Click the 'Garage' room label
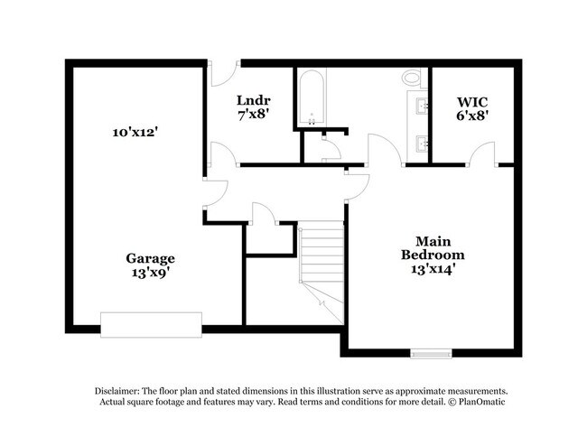150,257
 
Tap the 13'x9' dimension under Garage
150,270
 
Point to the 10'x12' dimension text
136,132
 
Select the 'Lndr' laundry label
255,99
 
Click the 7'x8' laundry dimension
255,113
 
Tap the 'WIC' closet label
472,103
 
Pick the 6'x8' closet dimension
472,116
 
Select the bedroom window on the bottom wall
430,352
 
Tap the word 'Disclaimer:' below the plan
122,389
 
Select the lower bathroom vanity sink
421,143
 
